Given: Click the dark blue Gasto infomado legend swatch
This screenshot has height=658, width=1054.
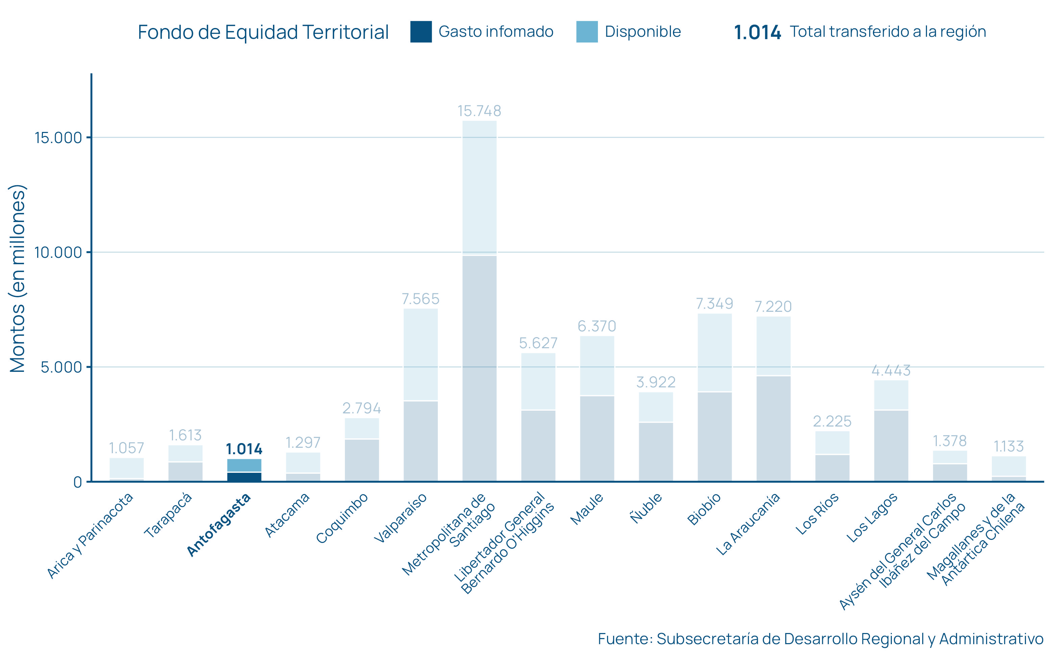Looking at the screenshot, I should [x=421, y=32].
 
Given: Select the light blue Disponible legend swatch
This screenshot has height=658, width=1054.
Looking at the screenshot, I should [x=587, y=32].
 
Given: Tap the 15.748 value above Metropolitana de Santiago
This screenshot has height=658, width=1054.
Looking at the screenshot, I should [x=479, y=111].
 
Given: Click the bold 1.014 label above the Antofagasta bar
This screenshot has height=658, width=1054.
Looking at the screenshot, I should [x=244, y=449].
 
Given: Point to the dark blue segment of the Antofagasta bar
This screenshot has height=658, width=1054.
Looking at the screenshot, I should [x=244, y=476].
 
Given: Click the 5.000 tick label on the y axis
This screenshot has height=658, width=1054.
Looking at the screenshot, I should [x=61, y=367].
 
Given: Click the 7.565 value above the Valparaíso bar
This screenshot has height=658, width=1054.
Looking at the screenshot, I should [x=420, y=299].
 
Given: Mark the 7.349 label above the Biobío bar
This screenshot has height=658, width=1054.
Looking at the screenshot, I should [x=714, y=303].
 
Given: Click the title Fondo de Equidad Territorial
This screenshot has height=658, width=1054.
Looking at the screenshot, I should [x=263, y=32].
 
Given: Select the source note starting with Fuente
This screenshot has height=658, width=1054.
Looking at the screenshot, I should [x=821, y=639].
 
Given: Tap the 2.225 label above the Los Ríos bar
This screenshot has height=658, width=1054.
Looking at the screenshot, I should [x=832, y=421].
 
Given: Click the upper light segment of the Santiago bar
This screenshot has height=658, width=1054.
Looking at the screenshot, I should [x=479, y=187].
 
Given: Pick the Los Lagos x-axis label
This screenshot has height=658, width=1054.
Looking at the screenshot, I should [x=872, y=518].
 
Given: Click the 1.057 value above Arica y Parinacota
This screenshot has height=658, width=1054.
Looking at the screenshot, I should [x=126, y=448].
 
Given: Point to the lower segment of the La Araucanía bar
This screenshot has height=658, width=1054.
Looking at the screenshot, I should [x=773, y=429].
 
